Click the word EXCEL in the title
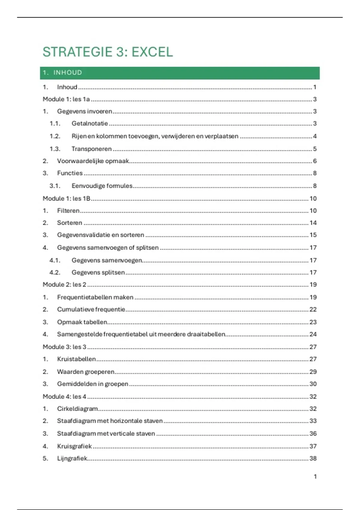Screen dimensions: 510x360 tap(152, 52)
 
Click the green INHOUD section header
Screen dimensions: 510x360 tap(67, 73)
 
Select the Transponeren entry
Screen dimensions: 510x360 tap(91, 149)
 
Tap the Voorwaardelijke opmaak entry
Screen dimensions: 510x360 tap(93, 161)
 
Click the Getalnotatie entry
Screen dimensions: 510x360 tap(90, 123)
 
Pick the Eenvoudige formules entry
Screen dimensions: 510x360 tap(102, 186)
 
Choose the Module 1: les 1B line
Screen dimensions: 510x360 tap(67, 199)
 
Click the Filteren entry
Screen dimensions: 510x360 tap(68, 211)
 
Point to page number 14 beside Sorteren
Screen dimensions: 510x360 tap(313, 223)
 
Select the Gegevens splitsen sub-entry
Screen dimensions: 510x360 tap(98, 272)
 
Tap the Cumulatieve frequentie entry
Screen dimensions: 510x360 tap(91, 310)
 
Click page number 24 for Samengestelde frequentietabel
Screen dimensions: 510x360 tap(313, 334)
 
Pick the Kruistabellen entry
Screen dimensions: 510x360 tap(76, 359)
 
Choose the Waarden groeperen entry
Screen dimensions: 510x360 tap(86, 372)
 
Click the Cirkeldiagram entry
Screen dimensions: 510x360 tap(77, 409)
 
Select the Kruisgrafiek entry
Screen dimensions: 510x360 tap(74, 446)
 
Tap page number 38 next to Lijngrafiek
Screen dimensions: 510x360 tap(313, 458)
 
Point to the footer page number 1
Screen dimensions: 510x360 tap(315, 476)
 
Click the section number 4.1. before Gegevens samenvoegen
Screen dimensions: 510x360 tap(55, 260)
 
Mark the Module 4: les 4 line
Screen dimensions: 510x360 tap(64, 397)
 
